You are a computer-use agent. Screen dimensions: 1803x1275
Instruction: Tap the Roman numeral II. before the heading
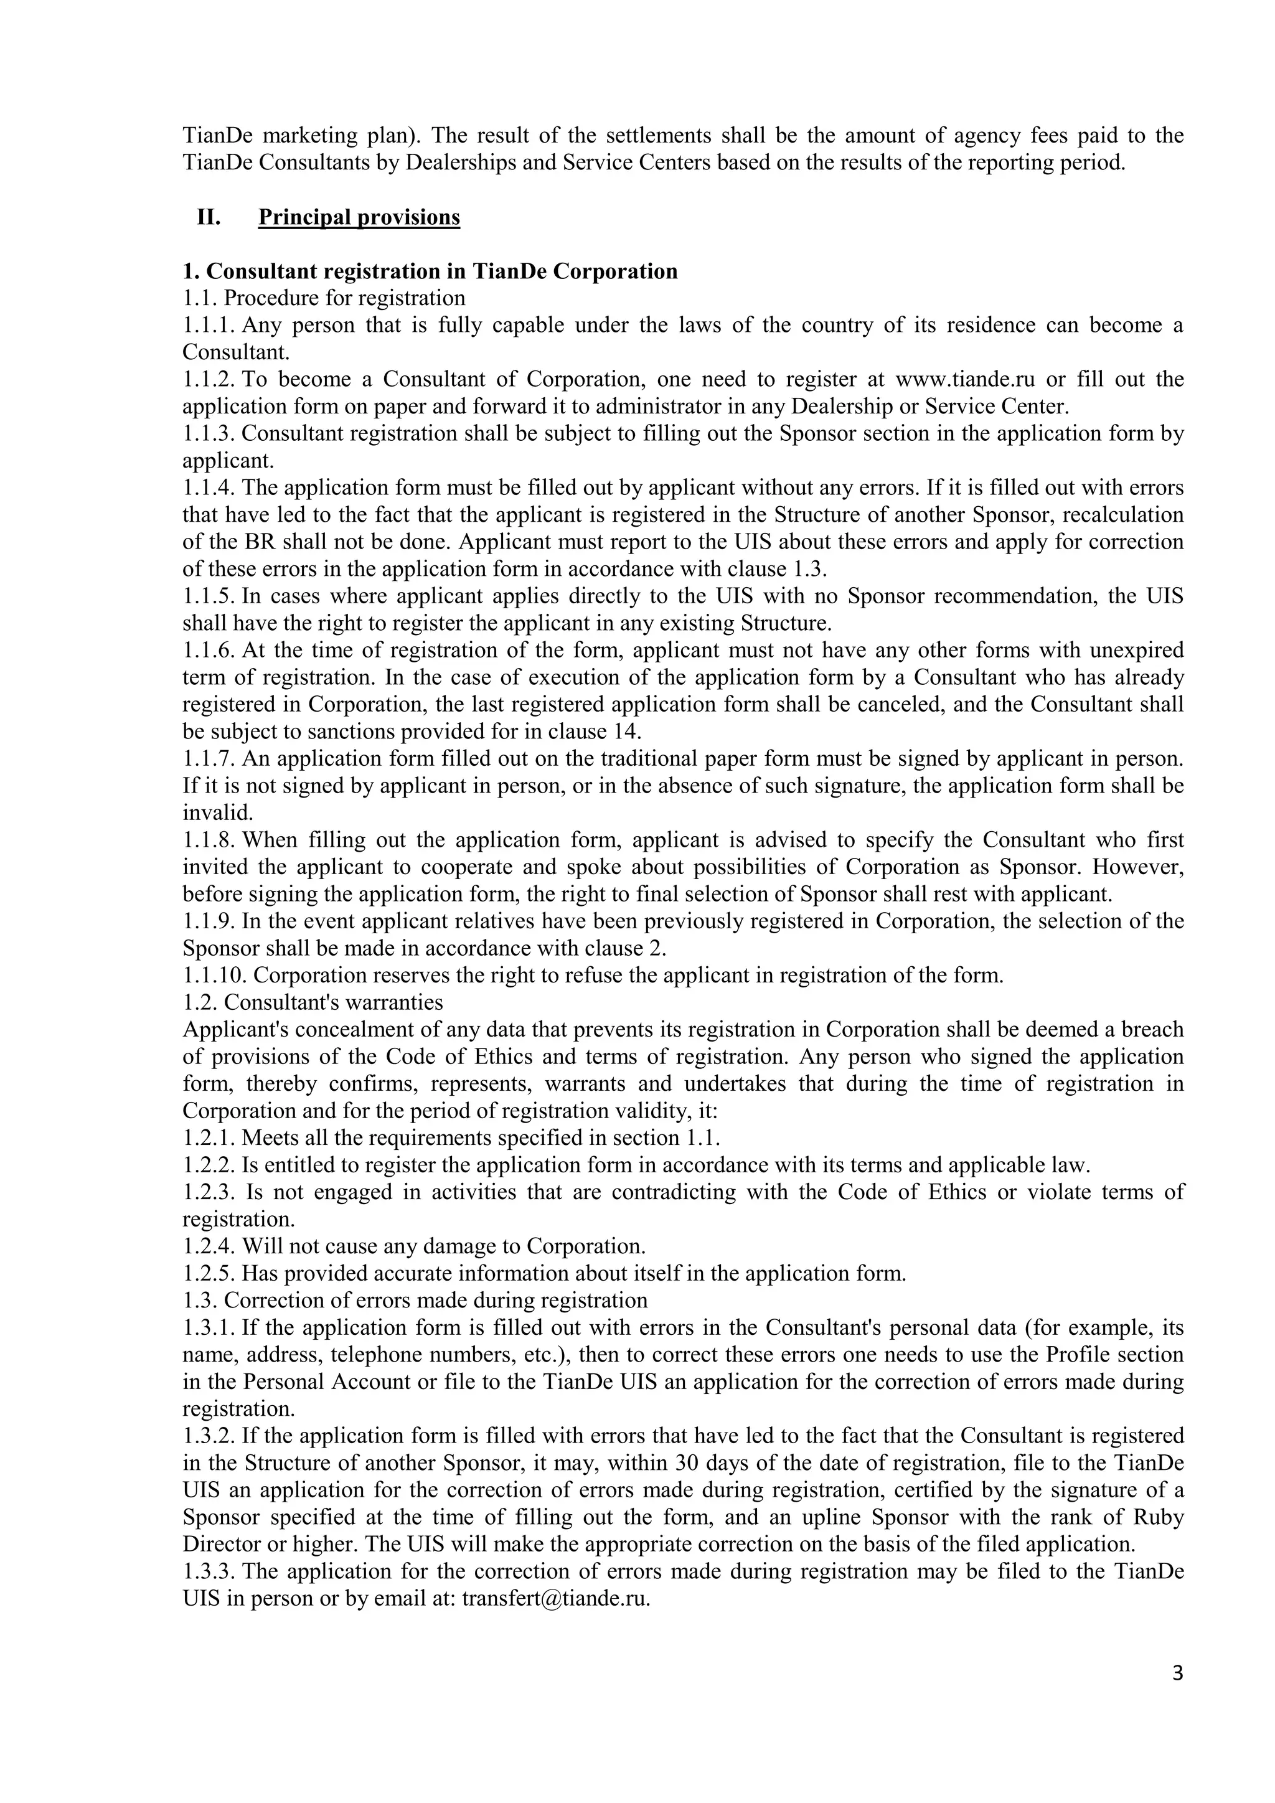point(208,217)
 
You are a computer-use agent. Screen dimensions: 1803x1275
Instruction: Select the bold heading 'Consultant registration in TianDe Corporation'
point(430,271)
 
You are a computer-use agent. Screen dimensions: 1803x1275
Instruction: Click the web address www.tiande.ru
point(965,379)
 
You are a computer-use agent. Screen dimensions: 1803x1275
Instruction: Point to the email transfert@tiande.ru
point(556,1599)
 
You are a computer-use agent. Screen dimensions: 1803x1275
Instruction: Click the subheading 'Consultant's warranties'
point(333,1003)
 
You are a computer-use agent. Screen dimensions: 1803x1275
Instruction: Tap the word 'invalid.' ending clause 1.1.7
point(219,812)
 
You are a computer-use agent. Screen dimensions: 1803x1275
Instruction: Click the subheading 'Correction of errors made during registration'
point(436,1301)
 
